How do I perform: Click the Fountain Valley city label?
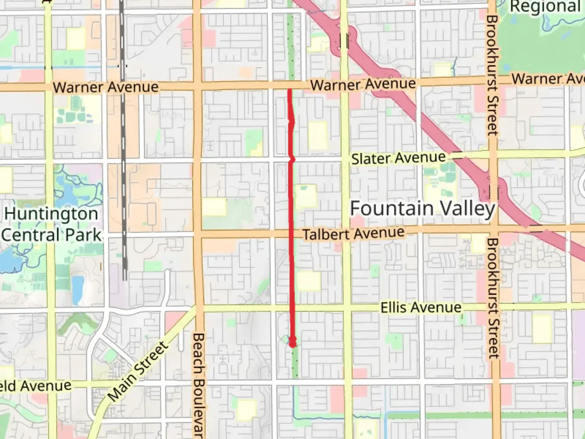pos(422,209)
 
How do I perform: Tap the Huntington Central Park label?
pos(51,224)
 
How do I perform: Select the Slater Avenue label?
pos(398,158)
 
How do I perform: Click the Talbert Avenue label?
pos(353,234)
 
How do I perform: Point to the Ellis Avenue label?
pos(421,308)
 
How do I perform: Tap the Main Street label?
pos(138,371)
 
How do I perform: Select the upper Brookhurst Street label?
pos(492,75)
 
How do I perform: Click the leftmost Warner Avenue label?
pos(106,87)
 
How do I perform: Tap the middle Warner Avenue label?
pos(363,85)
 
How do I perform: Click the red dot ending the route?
pos(292,343)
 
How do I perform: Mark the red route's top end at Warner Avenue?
pos(289,90)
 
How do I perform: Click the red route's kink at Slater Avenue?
pos(291,159)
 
